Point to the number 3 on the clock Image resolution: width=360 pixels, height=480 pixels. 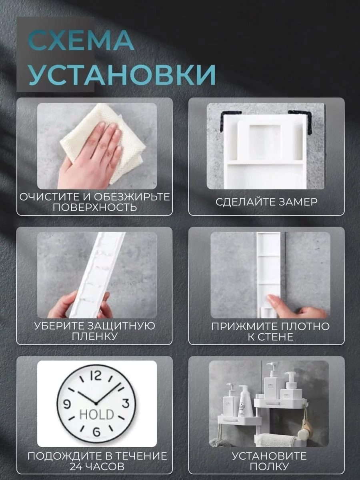tap(127, 403)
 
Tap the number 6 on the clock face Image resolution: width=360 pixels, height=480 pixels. tap(96, 432)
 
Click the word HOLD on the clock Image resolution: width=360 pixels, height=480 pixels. tap(97, 414)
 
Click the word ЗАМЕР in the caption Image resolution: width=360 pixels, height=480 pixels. tap(297, 202)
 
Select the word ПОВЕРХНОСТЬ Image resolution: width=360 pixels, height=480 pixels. tap(95, 207)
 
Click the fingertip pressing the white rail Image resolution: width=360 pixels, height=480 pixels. tap(269, 298)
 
